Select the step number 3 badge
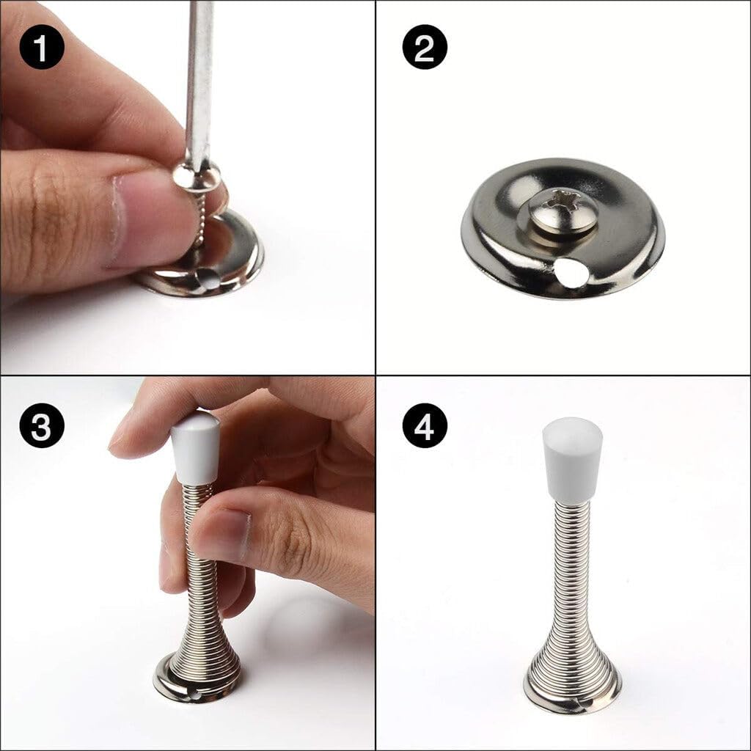[x=42, y=425]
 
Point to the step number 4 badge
[x=425, y=425]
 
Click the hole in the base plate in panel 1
[x=208, y=279]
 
